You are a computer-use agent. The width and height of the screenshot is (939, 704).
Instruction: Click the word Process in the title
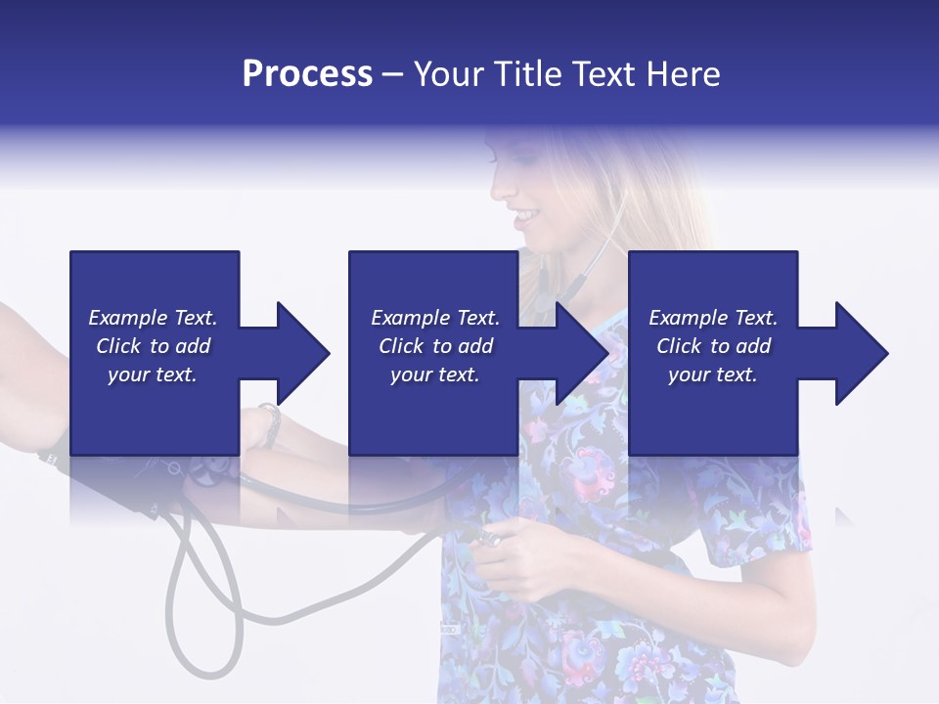pyautogui.click(x=307, y=74)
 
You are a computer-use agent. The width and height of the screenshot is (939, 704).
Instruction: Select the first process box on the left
pyautogui.click(x=154, y=293)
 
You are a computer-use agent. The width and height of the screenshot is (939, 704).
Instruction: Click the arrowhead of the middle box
pyautogui.click(x=581, y=353)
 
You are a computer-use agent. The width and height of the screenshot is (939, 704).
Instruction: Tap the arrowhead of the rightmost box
pyautogui.click(x=861, y=353)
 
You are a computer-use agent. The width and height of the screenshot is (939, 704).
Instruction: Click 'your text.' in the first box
pyautogui.click(x=153, y=374)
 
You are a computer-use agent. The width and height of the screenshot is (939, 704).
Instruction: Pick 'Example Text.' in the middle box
pyautogui.click(x=434, y=318)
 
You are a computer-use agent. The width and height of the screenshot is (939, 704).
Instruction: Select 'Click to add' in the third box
pyautogui.click(x=713, y=346)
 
